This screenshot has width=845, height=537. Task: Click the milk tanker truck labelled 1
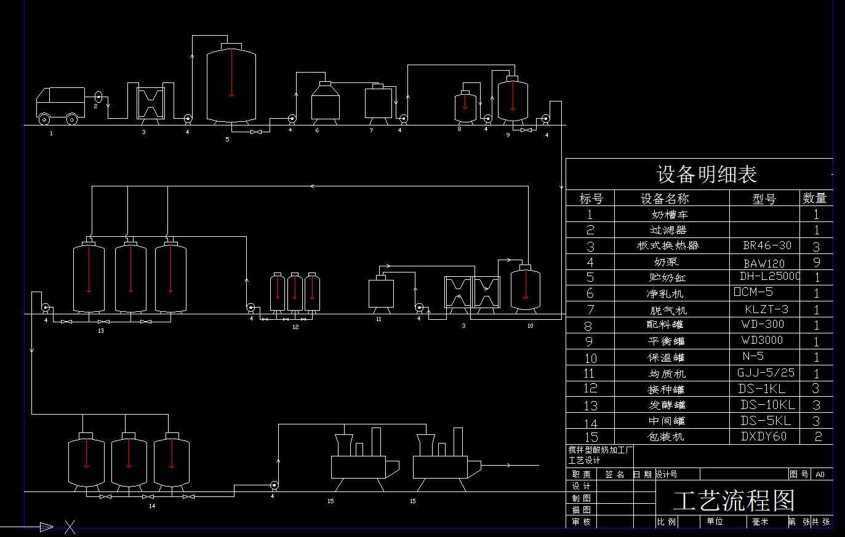(x=60, y=105)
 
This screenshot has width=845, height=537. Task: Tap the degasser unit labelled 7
(x=378, y=103)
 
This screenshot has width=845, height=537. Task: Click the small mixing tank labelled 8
(x=465, y=106)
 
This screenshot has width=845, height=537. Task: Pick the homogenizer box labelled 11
(x=381, y=293)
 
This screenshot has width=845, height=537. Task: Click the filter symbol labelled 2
(x=98, y=97)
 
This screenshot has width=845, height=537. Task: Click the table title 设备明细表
(x=707, y=175)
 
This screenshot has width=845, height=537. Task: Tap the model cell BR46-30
(x=767, y=245)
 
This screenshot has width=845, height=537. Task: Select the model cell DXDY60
(x=764, y=437)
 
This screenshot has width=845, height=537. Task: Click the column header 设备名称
(x=665, y=199)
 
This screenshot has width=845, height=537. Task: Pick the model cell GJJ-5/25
(x=766, y=373)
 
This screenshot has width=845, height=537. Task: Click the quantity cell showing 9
(x=817, y=262)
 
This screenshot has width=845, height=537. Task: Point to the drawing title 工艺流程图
(x=734, y=501)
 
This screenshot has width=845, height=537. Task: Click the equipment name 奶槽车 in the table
(x=670, y=215)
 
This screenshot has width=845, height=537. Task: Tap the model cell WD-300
(x=763, y=324)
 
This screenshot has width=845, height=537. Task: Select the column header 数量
(x=814, y=198)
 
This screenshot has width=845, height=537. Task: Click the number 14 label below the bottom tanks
(x=152, y=506)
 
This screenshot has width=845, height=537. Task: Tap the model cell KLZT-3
(x=766, y=309)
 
